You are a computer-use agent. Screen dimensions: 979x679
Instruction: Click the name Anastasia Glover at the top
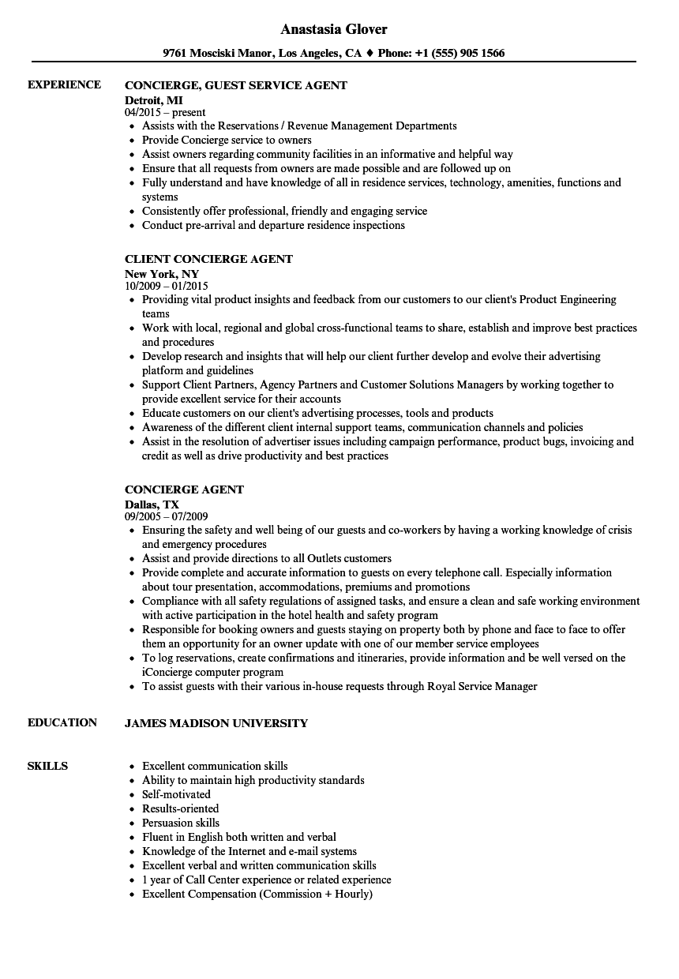pos(334,29)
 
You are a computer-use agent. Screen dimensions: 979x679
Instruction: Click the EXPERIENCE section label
pos(64,84)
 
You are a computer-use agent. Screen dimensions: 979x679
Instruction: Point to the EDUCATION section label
pos(62,722)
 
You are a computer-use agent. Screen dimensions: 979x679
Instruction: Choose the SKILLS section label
pos(47,766)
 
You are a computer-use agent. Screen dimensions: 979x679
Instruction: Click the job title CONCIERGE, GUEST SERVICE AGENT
pos(235,85)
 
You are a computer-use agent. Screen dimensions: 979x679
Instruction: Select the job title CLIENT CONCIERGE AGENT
pos(208,259)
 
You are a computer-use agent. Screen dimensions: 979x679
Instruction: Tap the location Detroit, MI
pos(154,99)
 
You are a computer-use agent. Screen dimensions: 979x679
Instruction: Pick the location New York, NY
pos(161,273)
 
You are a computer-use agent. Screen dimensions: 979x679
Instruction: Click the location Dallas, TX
pos(152,504)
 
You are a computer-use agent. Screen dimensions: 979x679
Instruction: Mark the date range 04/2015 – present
pos(165,113)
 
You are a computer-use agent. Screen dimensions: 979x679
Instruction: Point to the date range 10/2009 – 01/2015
pos(166,286)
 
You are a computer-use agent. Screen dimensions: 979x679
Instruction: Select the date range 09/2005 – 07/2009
pos(166,517)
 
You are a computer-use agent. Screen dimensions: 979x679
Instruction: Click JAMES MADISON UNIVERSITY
pos(216,723)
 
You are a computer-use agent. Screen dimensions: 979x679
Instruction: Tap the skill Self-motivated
pos(176,794)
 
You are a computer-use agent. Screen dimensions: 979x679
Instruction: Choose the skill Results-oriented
pos(180,808)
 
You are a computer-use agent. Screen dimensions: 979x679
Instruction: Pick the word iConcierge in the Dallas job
pos(168,672)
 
